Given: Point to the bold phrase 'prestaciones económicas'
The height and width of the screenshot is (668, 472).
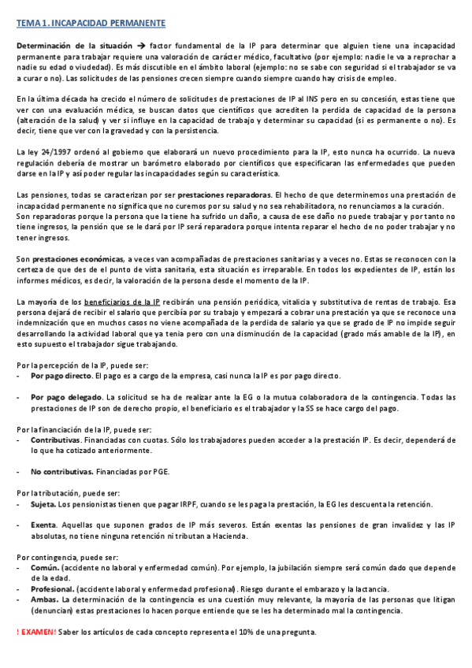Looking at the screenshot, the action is pos(77,258).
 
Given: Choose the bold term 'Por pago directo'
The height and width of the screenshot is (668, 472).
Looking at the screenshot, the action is pos(61,377).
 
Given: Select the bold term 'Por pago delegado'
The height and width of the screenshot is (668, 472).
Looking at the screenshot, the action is pos(66,398).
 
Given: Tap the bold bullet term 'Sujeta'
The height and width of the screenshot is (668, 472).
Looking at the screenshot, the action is pos(43,504).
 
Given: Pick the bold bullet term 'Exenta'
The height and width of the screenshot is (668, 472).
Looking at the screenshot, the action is pos(43,525).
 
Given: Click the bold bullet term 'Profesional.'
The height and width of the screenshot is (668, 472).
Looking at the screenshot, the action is pos(53,589).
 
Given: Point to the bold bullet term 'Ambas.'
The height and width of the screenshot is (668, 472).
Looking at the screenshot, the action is pos(46,600).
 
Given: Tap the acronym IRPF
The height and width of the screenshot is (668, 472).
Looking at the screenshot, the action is pos(191,504).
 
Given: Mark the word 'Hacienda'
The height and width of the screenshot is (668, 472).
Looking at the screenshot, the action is pos(229,536).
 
